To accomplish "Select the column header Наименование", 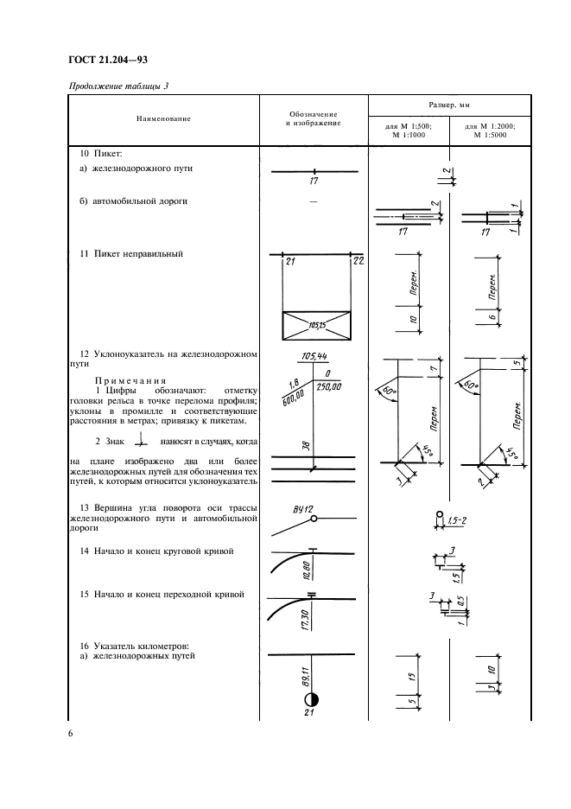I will (x=162, y=118).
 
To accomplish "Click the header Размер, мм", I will (x=448, y=103).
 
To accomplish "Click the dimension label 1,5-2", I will (x=459, y=519).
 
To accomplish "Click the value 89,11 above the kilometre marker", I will (x=307, y=675).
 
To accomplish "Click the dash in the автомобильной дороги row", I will (x=313, y=201).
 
